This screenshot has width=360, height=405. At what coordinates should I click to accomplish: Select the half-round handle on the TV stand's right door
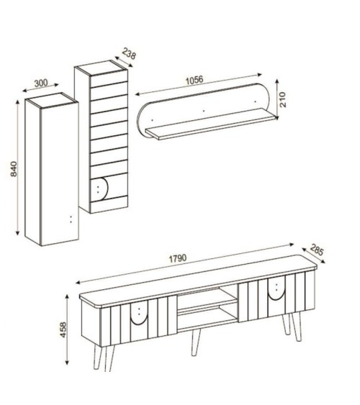(x=275, y=288)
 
